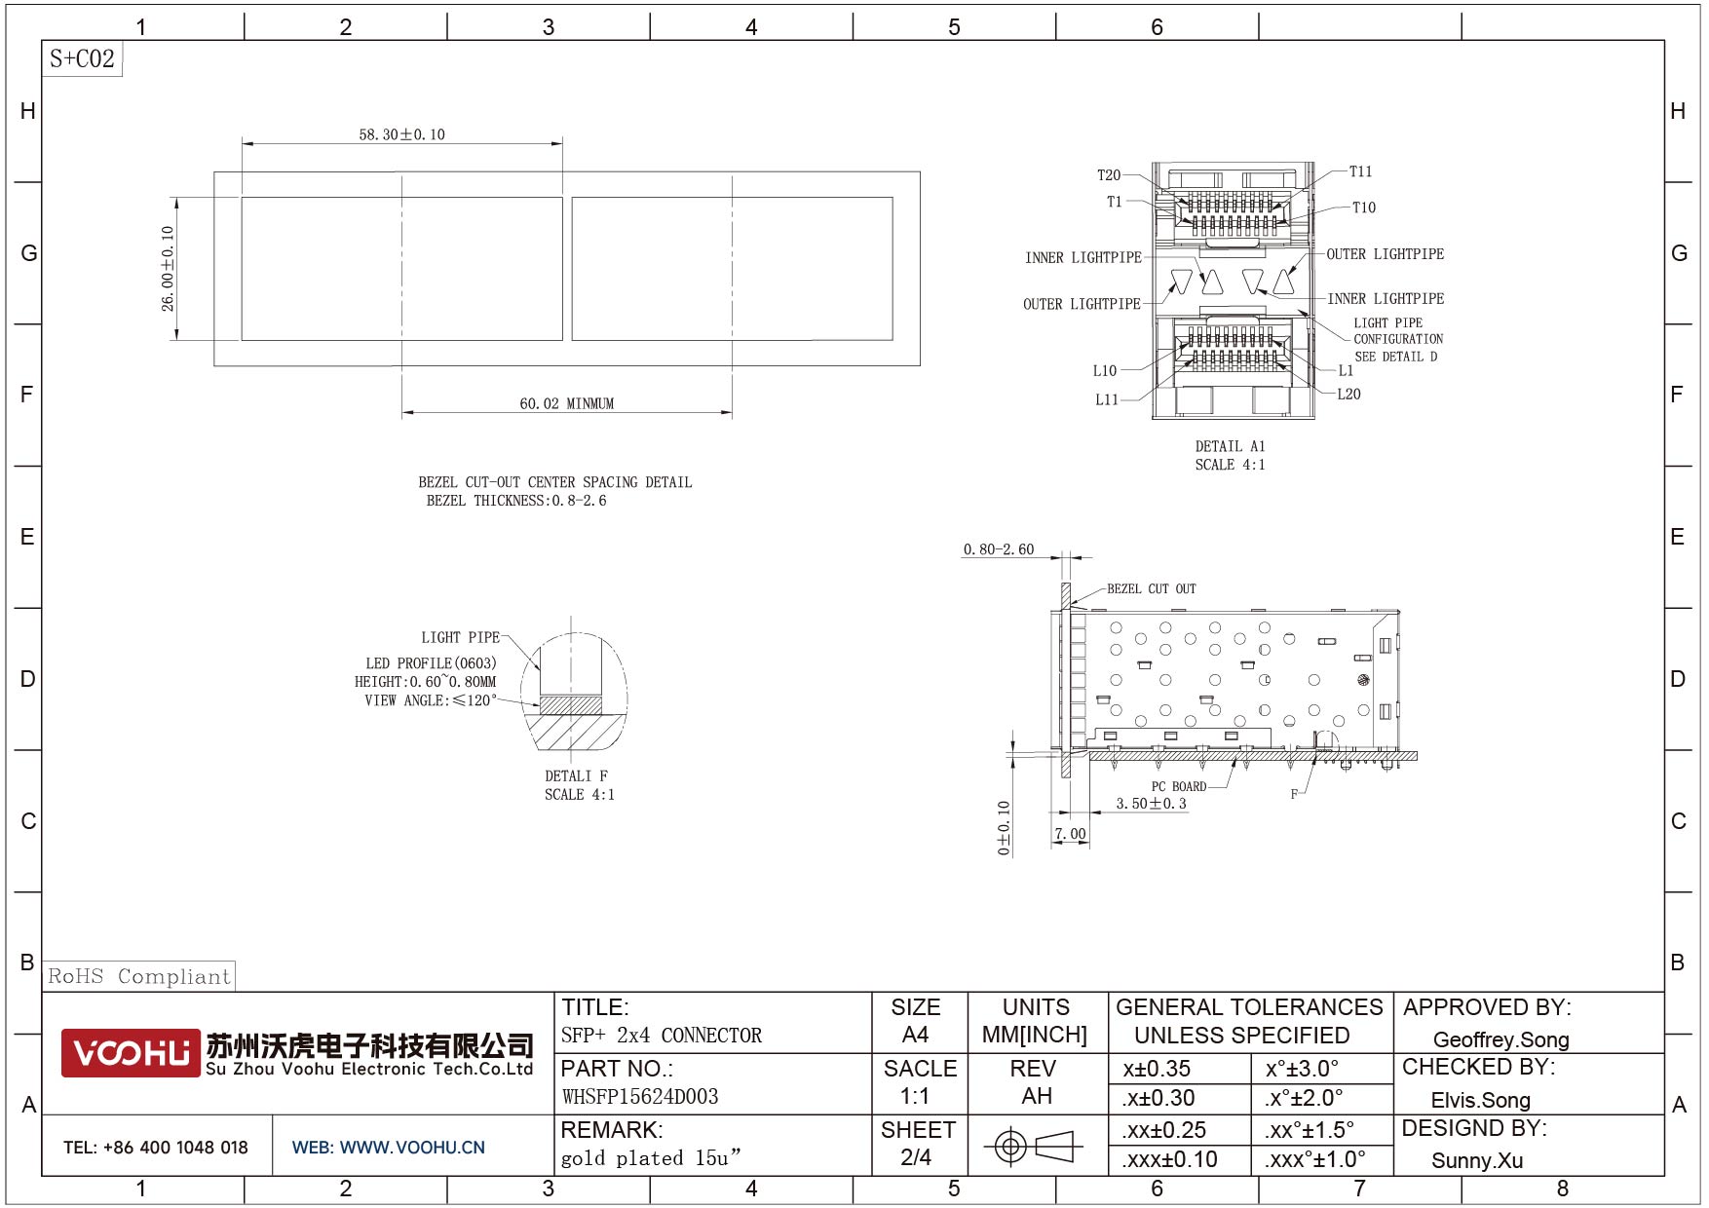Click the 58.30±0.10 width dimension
tap(401, 134)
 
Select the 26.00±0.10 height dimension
tap(168, 269)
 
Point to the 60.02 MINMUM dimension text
tap(566, 403)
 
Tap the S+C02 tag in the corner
tap(82, 58)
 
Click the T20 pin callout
tap(1109, 175)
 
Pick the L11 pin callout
tap(1107, 399)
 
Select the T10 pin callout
tap(1364, 208)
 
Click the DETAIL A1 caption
tap(1230, 446)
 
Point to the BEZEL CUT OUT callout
tap(1151, 588)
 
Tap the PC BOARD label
tap(1179, 786)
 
